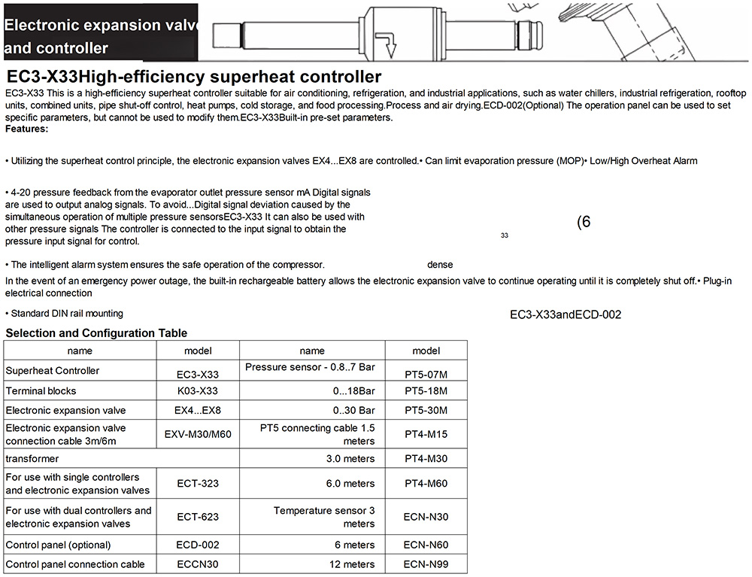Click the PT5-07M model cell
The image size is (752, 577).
tap(426, 373)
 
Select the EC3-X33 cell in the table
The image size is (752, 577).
tap(198, 373)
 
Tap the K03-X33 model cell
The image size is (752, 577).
tap(198, 391)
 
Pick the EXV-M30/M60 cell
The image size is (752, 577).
tap(198, 434)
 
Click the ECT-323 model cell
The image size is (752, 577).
tap(198, 484)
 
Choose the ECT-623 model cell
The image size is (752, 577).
tap(198, 517)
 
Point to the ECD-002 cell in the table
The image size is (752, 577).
tap(198, 545)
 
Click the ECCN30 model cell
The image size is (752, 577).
tap(198, 564)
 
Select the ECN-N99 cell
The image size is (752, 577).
tap(426, 564)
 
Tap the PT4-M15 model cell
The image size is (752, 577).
tap(426, 434)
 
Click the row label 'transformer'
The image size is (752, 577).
tap(32, 458)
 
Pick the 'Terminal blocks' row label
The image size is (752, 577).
tap(41, 391)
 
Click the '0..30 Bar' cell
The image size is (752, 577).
tap(353, 411)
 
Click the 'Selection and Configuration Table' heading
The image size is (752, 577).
tap(96, 333)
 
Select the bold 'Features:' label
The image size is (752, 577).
tap(26, 129)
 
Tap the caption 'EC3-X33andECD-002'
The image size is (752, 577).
tap(566, 314)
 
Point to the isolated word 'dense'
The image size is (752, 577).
tap(440, 265)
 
